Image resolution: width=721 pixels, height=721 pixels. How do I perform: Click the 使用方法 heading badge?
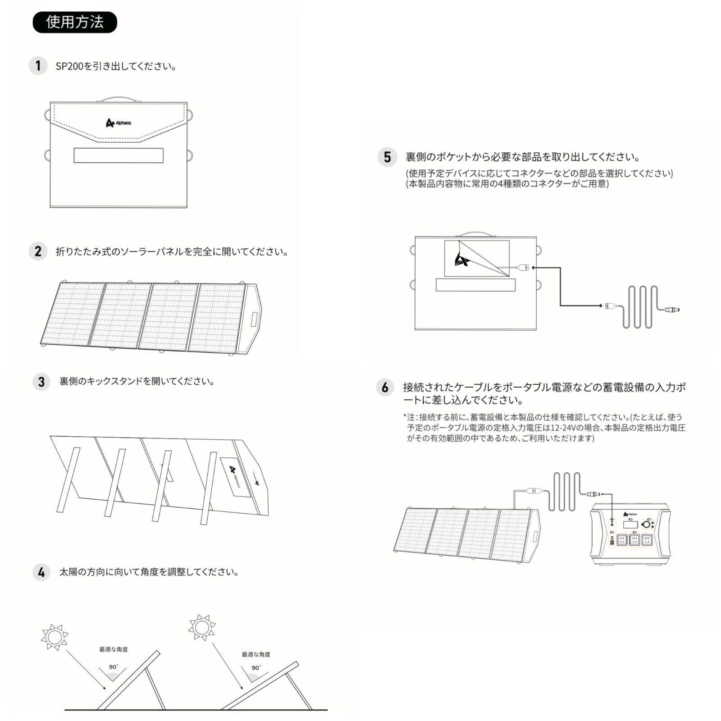[75, 22]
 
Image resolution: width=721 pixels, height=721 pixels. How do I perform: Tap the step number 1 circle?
[38, 66]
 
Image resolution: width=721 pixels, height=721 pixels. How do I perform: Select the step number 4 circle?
[41, 572]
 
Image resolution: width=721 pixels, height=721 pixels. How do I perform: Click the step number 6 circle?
[385, 388]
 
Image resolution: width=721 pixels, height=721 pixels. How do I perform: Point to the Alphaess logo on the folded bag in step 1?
[119, 123]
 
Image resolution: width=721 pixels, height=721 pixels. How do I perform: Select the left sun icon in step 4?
[55, 637]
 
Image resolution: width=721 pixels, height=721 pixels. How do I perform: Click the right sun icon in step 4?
[202, 627]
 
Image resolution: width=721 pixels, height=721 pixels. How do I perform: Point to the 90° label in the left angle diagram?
[114, 667]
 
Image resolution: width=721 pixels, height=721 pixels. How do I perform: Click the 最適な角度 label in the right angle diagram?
[256, 654]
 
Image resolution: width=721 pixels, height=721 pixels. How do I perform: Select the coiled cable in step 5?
[640, 307]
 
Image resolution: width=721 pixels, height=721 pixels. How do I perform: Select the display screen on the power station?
[630, 525]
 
